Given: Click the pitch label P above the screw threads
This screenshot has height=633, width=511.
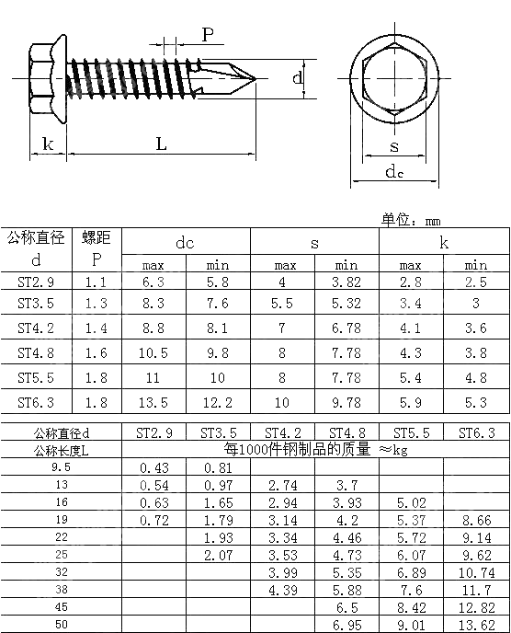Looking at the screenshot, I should (x=208, y=35).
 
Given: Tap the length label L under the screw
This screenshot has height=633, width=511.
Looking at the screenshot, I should (x=161, y=144).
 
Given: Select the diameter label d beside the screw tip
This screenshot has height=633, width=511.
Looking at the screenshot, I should (x=298, y=79).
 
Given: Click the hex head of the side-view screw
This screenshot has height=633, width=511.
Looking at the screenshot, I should (x=42, y=73).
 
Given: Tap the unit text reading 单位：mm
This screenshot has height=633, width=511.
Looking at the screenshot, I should (x=411, y=220).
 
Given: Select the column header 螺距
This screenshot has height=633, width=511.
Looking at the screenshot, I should (x=96, y=238).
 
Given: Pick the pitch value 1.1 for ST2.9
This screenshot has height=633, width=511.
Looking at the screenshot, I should (x=96, y=282).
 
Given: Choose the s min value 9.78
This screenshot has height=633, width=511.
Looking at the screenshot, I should (x=346, y=402).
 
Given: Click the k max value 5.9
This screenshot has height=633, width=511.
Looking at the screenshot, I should (x=411, y=402).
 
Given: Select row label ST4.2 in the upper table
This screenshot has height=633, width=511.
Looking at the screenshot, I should (x=36, y=327).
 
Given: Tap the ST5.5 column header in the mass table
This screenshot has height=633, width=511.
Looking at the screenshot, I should (x=411, y=432).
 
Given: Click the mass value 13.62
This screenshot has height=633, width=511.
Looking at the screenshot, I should (x=476, y=625).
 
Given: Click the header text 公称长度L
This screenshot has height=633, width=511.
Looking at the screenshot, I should (x=62, y=449).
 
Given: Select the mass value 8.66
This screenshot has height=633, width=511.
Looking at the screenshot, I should (x=476, y=519).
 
